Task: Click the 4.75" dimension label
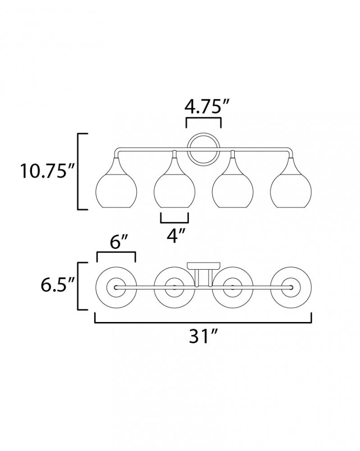[x=206, y=107]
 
